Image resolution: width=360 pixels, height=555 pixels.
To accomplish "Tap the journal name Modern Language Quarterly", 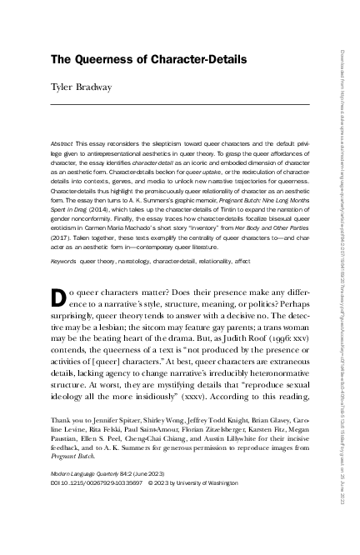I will click(x=77, y=496).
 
